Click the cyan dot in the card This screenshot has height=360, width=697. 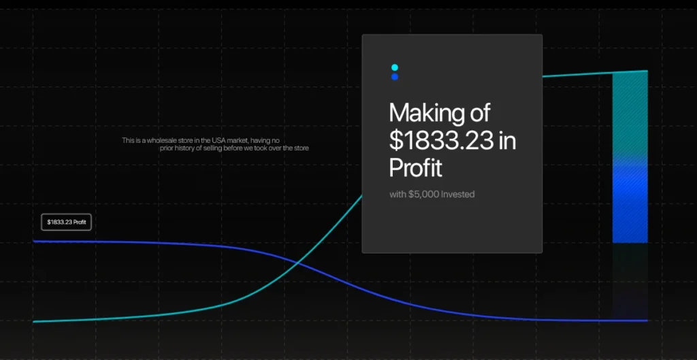click(x=395, y=67)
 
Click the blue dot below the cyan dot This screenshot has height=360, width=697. click(x=395, y=77)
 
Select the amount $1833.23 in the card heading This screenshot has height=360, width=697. click(x=441, y=141)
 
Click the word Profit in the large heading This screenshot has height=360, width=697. click(x=416, y=168)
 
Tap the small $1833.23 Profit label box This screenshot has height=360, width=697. click(x=66, y=222)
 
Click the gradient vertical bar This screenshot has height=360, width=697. click(x=630, y=157)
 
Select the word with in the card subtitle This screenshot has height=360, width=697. click(x=398, y=194)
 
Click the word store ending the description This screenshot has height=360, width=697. click(x=302, y=148)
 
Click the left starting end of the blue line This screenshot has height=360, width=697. click(x=33, y=242)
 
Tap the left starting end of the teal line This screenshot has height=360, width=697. click(x=33, y=321)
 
